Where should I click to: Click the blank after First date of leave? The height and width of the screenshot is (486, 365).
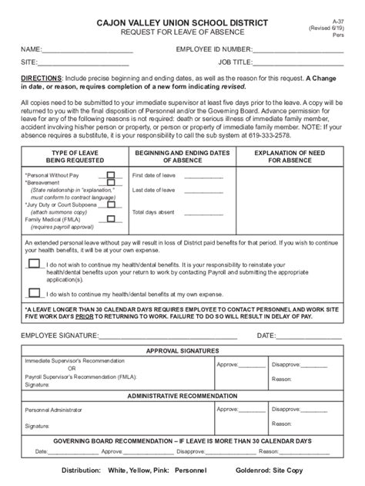click(x=203, y=177)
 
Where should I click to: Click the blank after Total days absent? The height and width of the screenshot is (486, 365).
click(x=203, y=211)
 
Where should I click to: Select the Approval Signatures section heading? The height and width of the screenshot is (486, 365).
click(x=182, y=350)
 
